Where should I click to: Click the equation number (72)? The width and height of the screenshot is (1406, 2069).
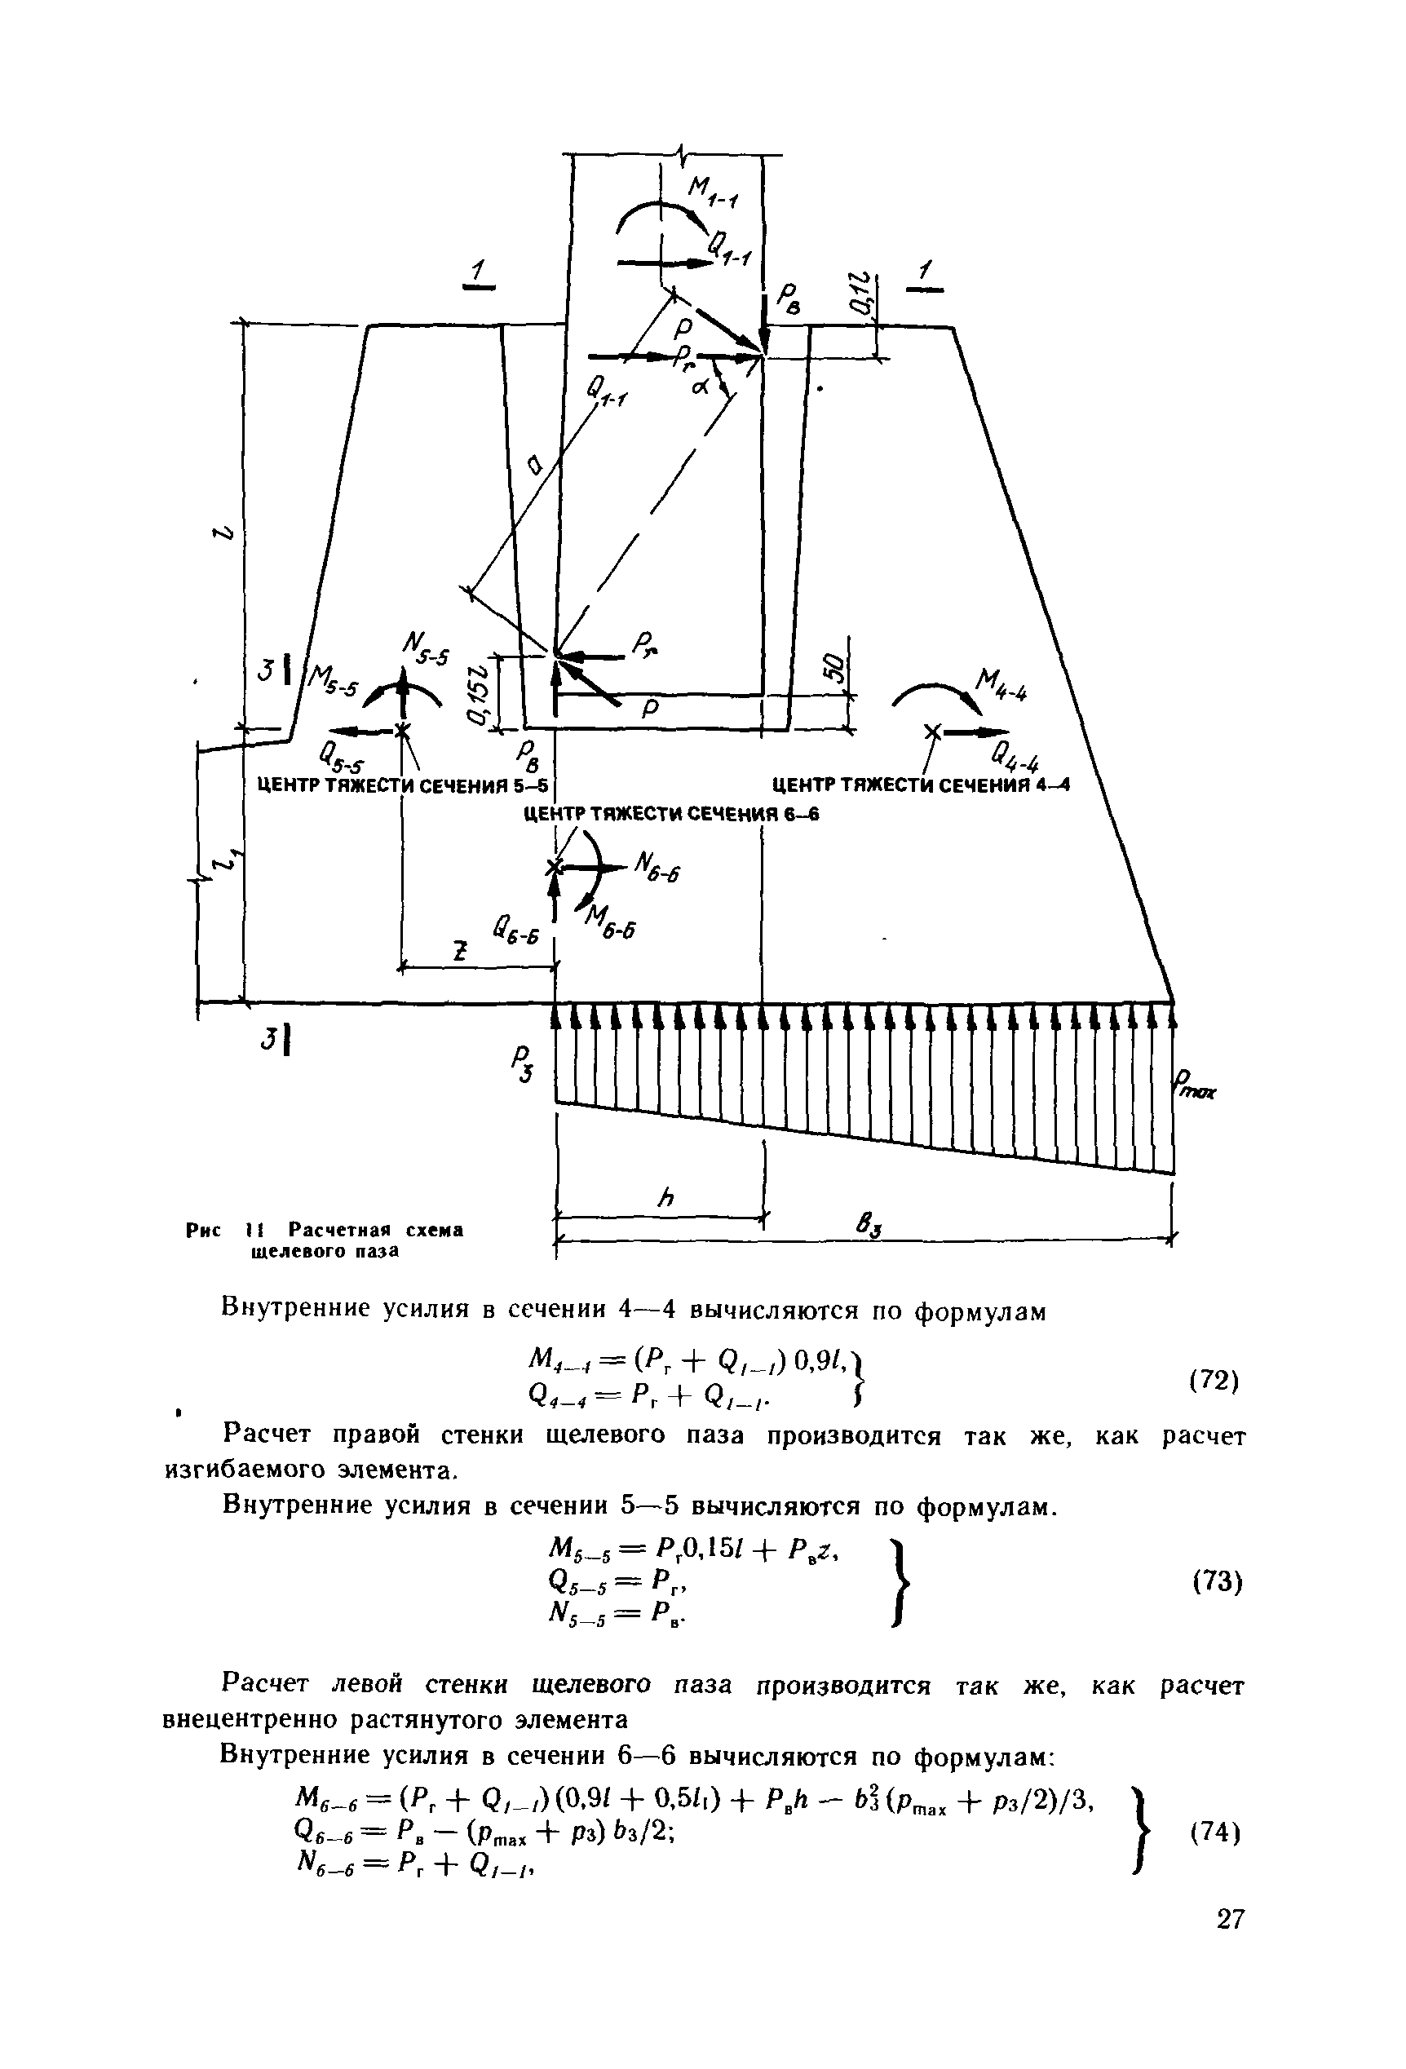(x=1214, y=1380)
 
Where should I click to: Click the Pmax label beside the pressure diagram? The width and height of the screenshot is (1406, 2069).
(x=1196, y=1087)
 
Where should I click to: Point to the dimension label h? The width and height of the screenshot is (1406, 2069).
(x=665, y=1198)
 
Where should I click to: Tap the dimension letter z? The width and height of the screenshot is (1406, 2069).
(x=459, y=953)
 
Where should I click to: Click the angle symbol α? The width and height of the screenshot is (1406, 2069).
(x=699, y=387)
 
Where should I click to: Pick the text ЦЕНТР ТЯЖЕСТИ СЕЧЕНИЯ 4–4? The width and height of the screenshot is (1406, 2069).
(x=920, y=785)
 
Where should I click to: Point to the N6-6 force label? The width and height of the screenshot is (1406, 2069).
(x=657, y=866)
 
